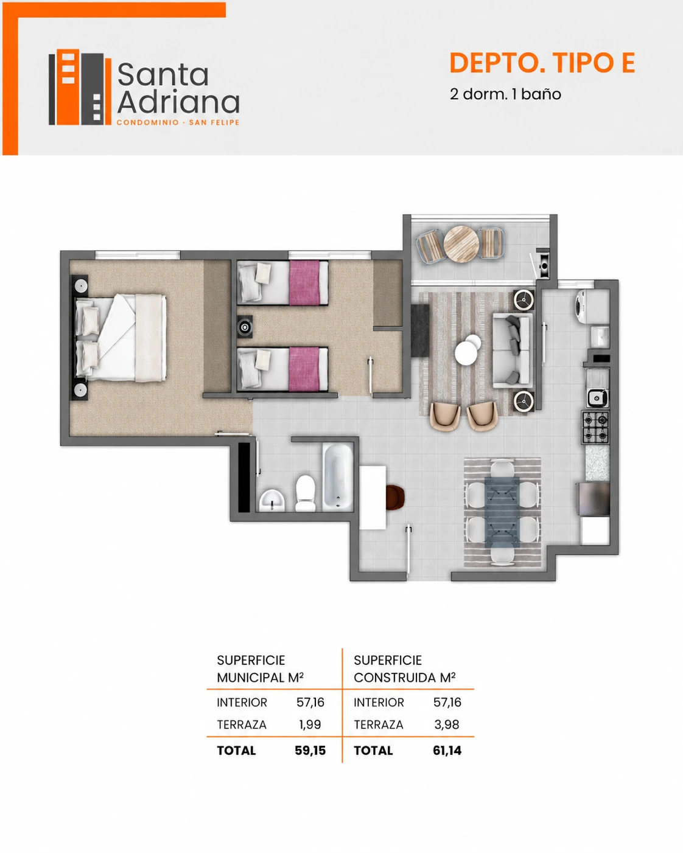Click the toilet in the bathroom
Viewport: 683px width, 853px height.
click(x=306, y=493)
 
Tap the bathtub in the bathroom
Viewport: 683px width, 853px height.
click(x=337, y=476)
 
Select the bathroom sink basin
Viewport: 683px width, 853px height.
click(x=272, y=500)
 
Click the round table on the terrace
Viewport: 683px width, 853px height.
click(x=461, y=244)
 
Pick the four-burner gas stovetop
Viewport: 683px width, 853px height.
click(x=596, y=427)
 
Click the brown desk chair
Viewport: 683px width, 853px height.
click(x=395, y=497)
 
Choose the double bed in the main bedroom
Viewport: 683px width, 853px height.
click(x=120, y=338)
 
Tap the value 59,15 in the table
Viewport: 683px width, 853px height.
click(x=310, y=750)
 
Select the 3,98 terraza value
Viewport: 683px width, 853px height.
click(x=447, y=725)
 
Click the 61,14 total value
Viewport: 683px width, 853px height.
click(x=447, y=750)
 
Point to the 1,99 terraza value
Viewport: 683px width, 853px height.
click(x=310, y=725)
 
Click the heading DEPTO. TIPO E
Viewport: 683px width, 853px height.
click(x=542, y=63)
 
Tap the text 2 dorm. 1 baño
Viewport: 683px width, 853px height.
click(x=505, y=94)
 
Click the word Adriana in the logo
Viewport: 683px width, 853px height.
click(x=178, y=103)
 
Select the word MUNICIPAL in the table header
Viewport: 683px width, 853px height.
click(x=251, y=678)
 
